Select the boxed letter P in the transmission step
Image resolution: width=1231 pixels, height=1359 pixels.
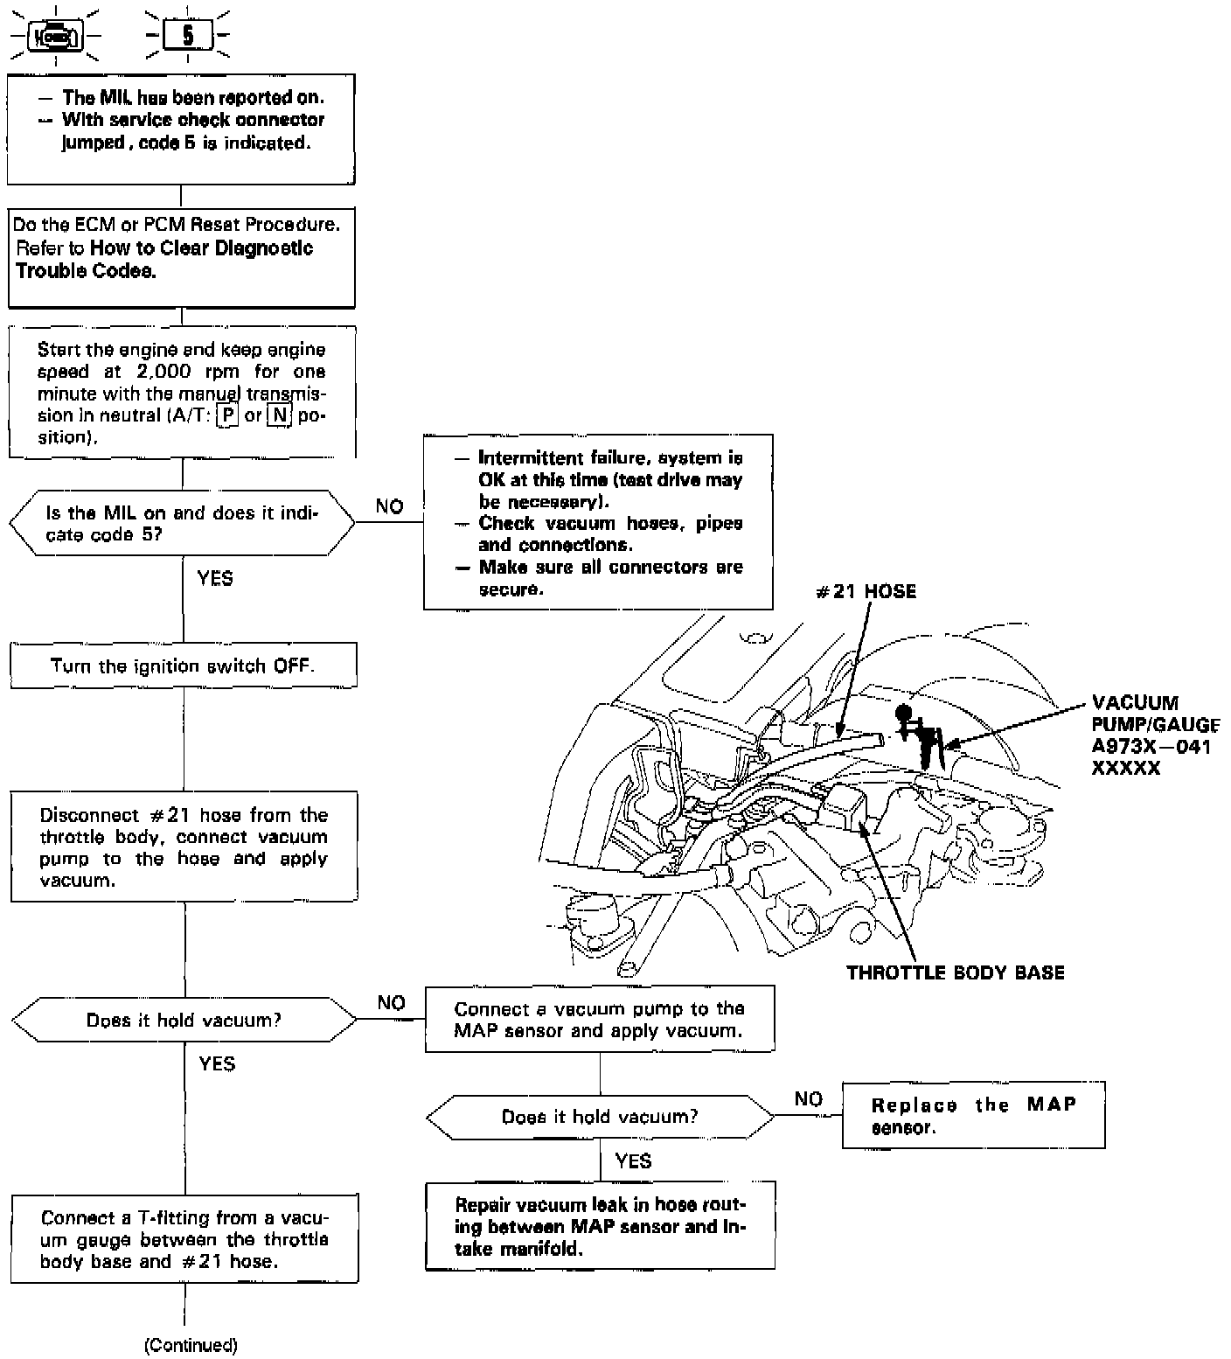tap(227, 415)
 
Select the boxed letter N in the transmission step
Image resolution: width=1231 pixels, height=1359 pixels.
tap(278, 415)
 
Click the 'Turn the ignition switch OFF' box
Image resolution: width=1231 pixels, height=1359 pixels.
tap(183, 666)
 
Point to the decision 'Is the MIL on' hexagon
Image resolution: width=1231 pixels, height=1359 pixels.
tap(182, 523)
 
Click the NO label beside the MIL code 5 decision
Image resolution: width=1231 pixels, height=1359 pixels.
tap(389, 506)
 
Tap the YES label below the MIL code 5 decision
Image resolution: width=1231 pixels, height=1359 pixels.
tap(215, 578)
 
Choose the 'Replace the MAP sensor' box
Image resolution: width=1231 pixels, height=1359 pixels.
tap(973, 1116)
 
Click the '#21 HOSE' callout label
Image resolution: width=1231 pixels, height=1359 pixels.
tap(866, 592)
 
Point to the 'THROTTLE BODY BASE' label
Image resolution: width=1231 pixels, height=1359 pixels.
tap(955, 972)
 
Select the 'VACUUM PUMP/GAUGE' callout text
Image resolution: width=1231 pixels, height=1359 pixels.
tap(1154, 735)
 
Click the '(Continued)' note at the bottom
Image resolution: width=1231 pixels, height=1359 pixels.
tap(191, 1345)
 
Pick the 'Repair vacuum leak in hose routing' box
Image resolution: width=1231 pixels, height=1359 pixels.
tap(600, 1226)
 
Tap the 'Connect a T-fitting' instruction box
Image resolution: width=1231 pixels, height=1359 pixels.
tap(184, 1239)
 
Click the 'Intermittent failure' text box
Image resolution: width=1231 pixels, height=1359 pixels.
tap(598, 522)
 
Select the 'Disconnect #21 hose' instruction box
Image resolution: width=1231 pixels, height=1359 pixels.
tap(184, 847)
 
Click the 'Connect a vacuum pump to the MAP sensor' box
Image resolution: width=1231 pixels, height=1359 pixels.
tap(599, 1020)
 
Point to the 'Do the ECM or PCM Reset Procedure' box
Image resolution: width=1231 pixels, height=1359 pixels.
tap(181, 257)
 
